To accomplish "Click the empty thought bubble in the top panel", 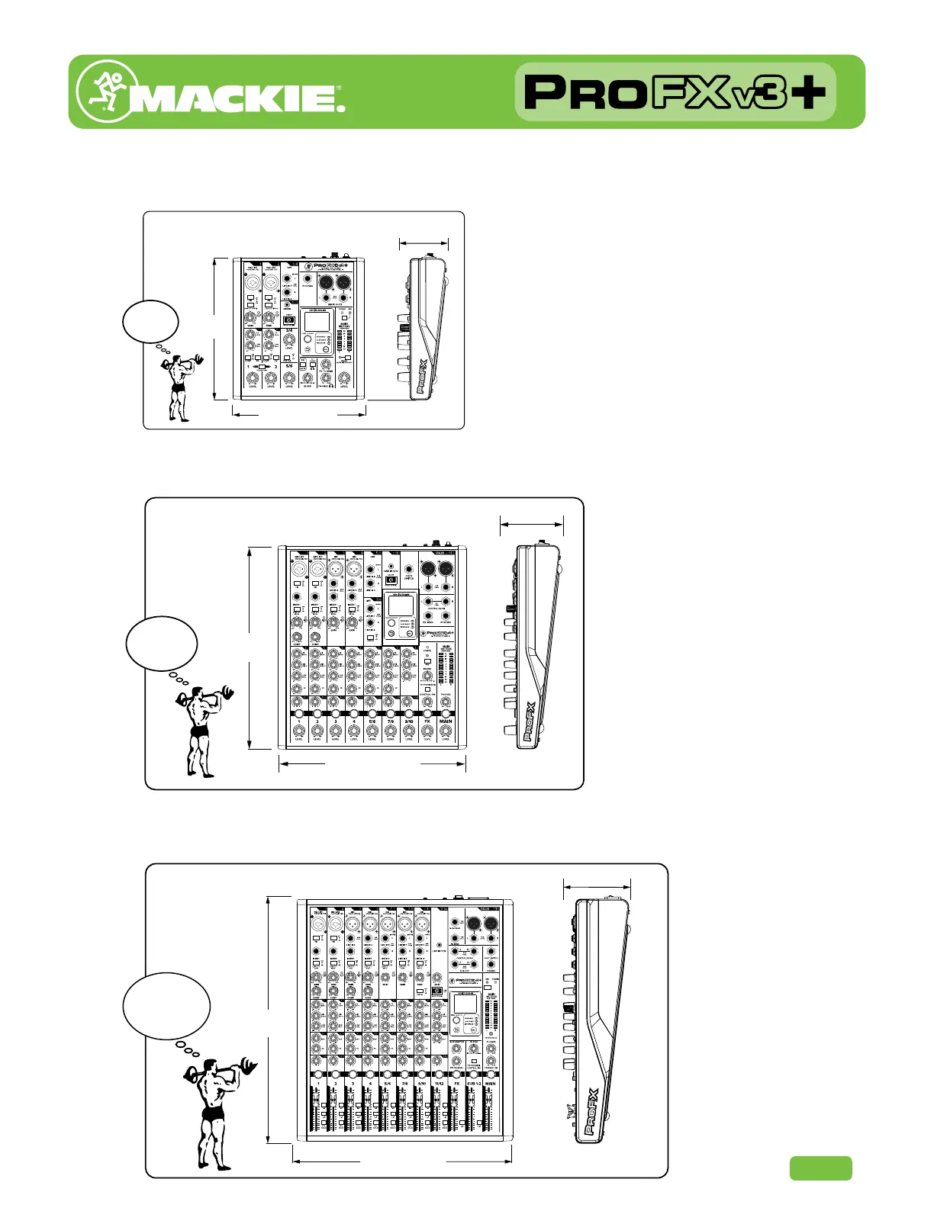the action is click(x=150, y=321).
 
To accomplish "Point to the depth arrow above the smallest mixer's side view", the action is click(x=424, y=243).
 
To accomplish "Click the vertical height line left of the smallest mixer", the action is click(x=216, y=329).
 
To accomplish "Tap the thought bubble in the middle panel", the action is click(x=162, y=643).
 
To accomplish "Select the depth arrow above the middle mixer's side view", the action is click(x=531, y=523).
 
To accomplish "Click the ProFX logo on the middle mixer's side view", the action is click(x=530, y=721).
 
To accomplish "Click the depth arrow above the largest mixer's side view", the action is click(x=597, y=886).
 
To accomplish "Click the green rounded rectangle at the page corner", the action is click(x=820, y=1168).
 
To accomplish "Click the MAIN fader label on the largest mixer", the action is click(x=490, y=1083).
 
